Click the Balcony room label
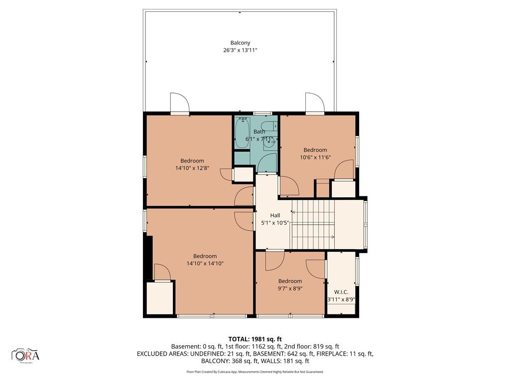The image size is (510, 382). tap(241, 43)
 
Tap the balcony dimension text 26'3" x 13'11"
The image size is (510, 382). tap(241, 50)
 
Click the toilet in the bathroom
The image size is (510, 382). tap(269, 125)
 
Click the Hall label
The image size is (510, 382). tap(275, 215)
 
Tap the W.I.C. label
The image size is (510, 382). tap(341, 292)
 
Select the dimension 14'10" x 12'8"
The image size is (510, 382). tap(192, 168)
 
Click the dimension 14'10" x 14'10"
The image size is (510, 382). tap(205, 264)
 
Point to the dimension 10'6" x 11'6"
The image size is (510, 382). tap(315, 157)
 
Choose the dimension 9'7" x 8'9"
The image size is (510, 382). tap(290, 288)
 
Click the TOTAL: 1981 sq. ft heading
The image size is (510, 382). tap(255, 339)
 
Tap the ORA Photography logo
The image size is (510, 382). tap(25, 355)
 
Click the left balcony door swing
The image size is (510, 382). tap(180, 102)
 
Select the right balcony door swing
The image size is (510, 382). tap(315, 102)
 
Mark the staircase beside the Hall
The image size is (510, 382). tap(313, 224)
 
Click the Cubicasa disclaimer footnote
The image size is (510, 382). tap(255, 372)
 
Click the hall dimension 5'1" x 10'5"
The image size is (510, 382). tap(275, 223)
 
